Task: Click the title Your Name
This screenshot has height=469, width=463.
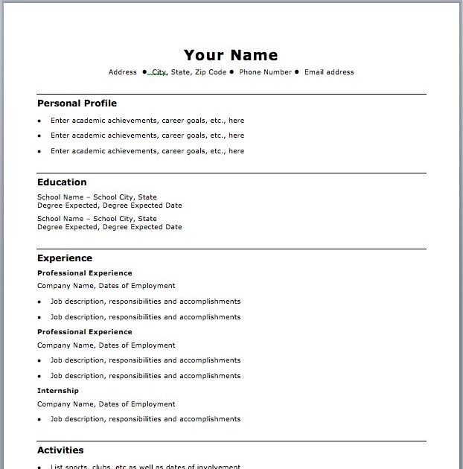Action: (231, 55)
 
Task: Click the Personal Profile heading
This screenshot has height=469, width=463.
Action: (77, 103)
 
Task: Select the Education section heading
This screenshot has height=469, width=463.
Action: (62, 182)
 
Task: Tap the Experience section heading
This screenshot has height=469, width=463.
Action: (65, 258)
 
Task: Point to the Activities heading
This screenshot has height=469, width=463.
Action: (60, 450)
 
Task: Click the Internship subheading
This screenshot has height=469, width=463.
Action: (58, 391)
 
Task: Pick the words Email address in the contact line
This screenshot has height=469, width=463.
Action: (330, 72)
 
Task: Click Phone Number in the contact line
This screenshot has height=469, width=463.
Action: (265, 72)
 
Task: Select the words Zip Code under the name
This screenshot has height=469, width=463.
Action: (211, 72)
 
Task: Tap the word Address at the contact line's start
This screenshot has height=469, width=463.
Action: (123, 72)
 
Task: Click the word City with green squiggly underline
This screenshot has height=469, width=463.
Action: (159, 72)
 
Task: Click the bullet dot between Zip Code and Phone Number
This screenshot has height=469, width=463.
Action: (232, 72)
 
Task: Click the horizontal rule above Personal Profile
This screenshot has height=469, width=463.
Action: (231, 95)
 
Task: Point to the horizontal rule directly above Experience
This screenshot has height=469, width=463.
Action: (231, 249)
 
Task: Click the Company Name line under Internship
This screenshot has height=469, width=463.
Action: (106, 404)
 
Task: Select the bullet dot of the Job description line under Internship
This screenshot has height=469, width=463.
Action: (39, 420)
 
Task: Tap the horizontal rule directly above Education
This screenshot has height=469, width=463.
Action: (231, 173)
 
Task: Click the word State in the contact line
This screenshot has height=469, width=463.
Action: (180, 72)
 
